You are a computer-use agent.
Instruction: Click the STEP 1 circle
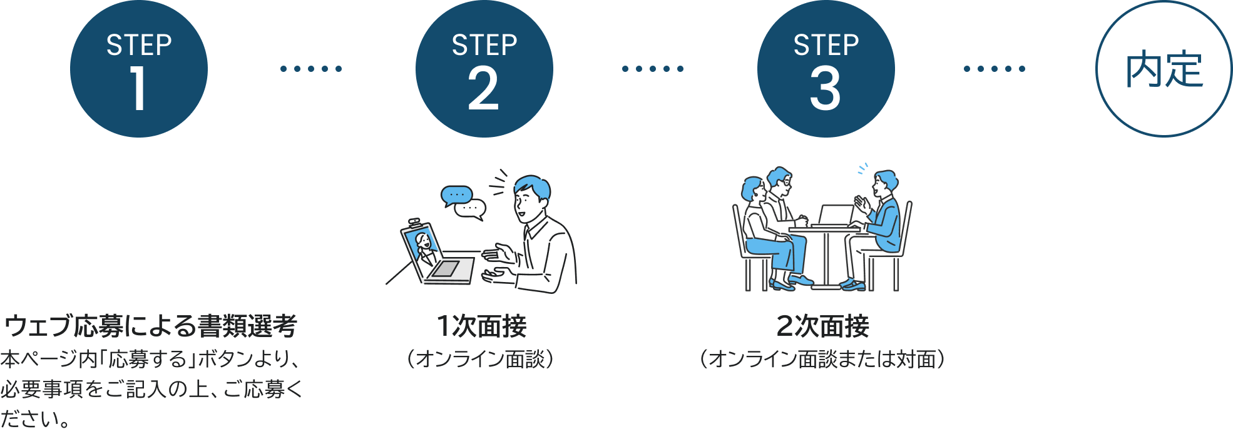[139, 69]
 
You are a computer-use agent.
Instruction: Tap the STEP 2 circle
[484, 69]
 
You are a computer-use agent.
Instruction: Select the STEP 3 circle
[826, 69]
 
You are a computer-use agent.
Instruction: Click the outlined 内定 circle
[1164, 69]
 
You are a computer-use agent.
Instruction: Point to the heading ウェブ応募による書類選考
[150, 326]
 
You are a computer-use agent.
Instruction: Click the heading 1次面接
[481, 326]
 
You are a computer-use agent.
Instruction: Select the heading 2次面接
[823, 326]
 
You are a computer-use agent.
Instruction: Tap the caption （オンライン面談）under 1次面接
[481, 359]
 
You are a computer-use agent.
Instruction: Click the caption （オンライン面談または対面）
[822, 359]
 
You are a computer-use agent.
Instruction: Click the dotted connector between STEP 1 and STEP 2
[311, 69]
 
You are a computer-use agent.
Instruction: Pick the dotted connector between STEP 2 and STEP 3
[653, 69]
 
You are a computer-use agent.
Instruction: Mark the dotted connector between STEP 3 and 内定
[995, 69]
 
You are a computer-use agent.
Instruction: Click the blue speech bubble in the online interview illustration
[456, 196]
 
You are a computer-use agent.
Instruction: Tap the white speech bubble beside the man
[471, 209]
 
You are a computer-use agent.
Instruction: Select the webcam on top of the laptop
[414, 221]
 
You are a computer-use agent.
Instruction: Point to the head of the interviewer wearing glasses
[780, 181]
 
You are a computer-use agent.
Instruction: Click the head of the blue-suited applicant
[884, 183]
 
